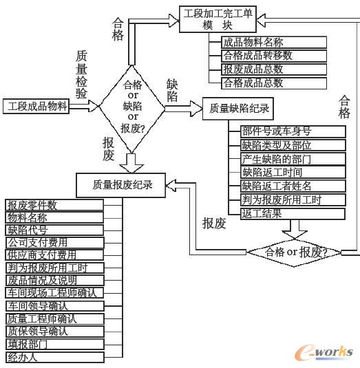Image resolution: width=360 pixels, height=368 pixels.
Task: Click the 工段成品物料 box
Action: point(39,107)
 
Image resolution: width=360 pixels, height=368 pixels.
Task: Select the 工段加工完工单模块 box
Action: point(217,18)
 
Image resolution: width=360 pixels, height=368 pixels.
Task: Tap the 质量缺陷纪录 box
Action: point(236,109)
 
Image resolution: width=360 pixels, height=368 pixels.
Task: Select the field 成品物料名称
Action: point(253,43)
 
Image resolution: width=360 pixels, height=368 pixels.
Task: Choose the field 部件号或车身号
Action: point(276,132)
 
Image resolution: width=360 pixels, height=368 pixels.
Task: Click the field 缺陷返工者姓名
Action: point(276,186)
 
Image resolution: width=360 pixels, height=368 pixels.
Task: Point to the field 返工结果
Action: point(262,213)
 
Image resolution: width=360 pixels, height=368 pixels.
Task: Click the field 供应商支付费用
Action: point(42,255)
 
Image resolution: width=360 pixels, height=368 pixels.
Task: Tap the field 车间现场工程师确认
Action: point(54,293)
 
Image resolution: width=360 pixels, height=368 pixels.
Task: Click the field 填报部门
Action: point(28,344)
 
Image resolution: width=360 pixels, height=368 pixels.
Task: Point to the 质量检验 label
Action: point(81,74)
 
